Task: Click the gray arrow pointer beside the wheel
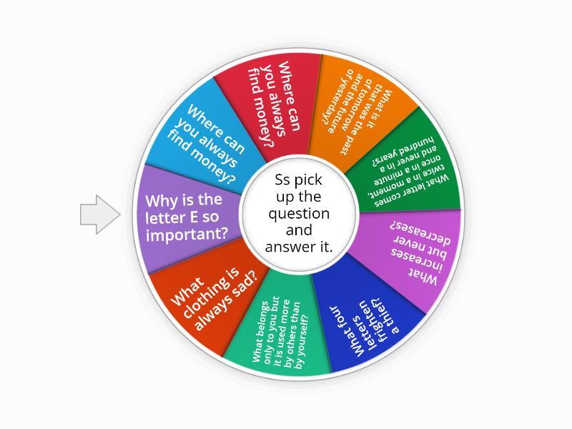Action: point(100,214)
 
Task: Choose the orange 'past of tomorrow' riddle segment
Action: point(360,109)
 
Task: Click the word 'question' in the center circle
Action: point(299,214)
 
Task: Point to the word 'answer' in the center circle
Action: point(289,247)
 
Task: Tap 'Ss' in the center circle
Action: point(282,179)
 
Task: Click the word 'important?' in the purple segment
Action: point(187,235)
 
